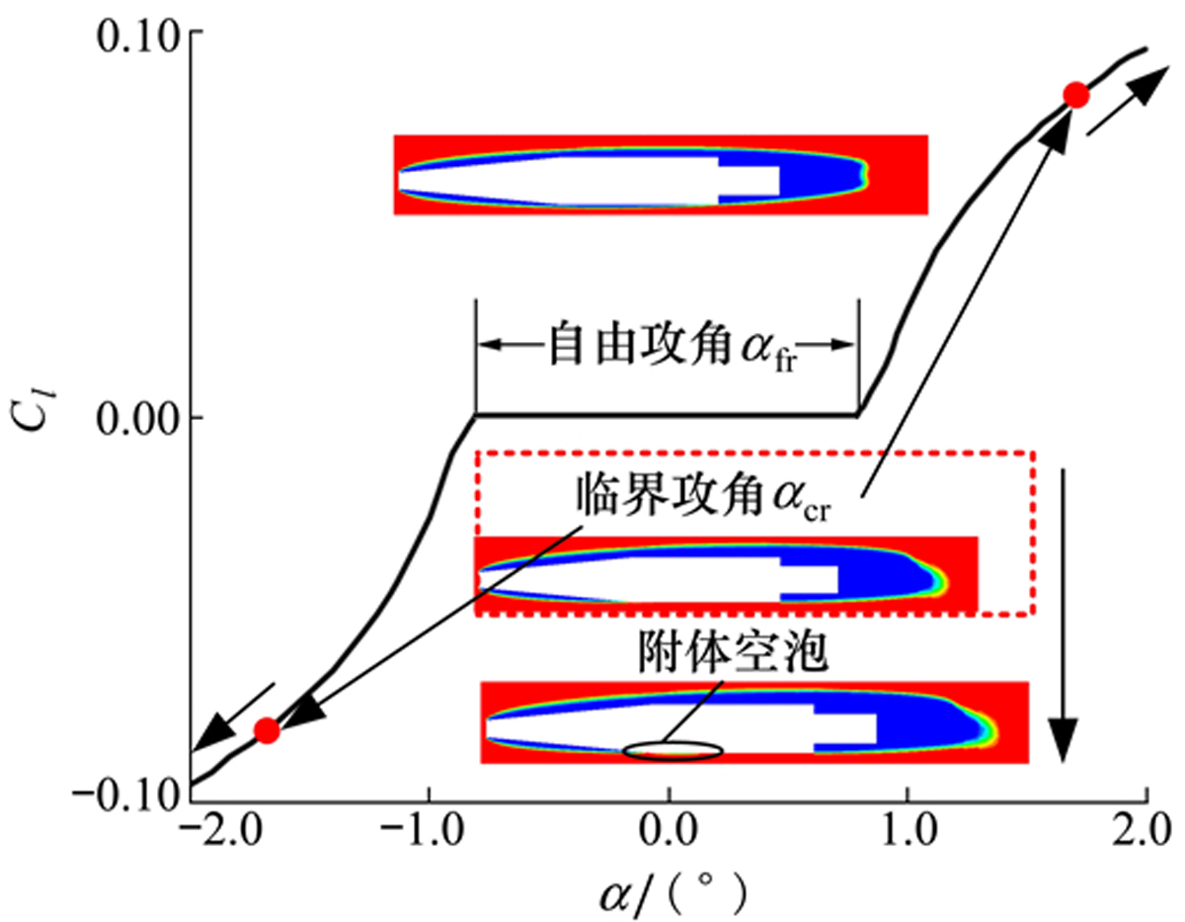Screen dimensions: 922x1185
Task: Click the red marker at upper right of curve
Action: coord(1075,95)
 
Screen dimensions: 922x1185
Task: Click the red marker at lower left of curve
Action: coord(267,731)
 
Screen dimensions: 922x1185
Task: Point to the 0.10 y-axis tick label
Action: coord(138,37)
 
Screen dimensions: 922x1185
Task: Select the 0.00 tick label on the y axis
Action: coord(138,418)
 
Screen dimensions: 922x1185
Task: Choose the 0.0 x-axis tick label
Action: coord(669,827)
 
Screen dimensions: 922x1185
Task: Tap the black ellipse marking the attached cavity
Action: coord(671,751)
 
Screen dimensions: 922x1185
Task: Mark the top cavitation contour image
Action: coord(661,175)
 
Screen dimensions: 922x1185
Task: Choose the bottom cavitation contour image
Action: coord(754,721)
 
